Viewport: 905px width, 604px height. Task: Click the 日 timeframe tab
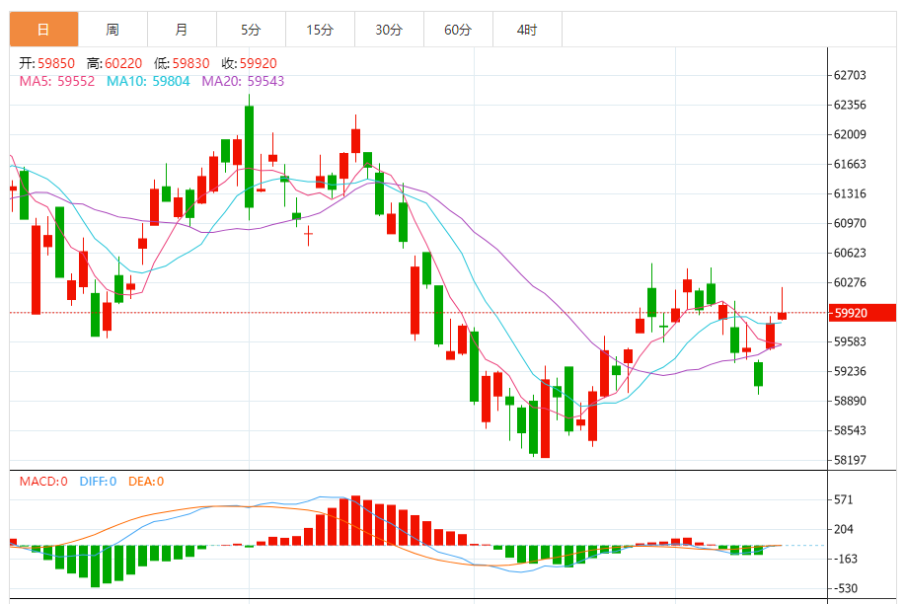(43, 30)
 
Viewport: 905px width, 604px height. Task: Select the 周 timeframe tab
(113, 30)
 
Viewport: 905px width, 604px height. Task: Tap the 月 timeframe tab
(182, 30)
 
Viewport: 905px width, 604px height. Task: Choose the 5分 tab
(251, 30)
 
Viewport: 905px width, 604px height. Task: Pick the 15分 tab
(320, 30)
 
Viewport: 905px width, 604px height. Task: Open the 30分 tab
(389, 30)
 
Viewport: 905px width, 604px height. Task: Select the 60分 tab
(458, 30)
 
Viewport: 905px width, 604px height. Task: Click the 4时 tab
(527, 30)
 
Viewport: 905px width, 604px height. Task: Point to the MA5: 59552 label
(57, 81)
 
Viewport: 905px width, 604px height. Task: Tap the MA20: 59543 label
(243, 81)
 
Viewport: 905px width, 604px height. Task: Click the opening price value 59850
(56, 63)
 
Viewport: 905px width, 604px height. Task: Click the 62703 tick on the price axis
(850, 75)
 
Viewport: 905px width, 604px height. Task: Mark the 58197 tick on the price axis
(850, 460)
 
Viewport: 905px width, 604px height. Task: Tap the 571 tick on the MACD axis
(844, 499)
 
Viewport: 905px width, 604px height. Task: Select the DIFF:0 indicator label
(97, 482)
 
